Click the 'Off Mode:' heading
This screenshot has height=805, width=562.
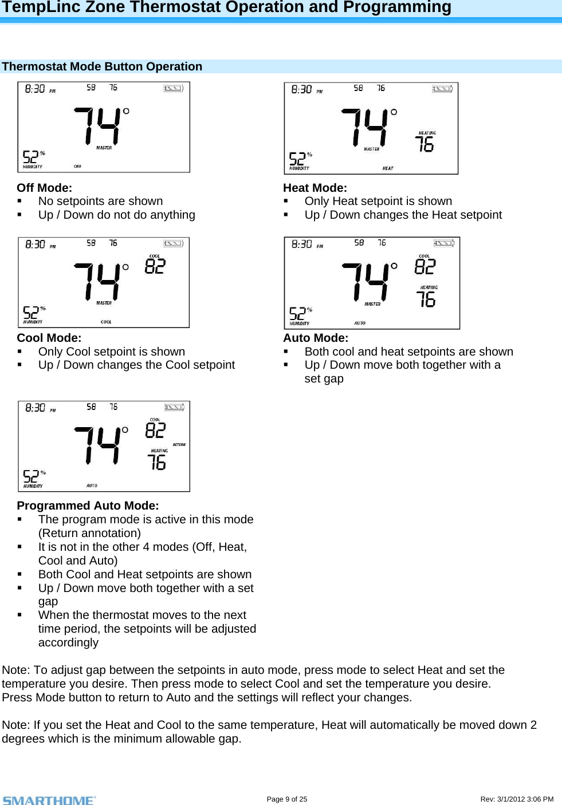click(45, 188)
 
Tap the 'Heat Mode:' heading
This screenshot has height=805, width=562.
click(315, 188)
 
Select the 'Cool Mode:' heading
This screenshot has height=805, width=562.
click(49, 338)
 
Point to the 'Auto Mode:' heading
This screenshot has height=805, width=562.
click(316, 338)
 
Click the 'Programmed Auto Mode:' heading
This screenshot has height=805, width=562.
click(88, 506)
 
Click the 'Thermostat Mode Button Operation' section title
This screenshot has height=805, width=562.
click(102, 66)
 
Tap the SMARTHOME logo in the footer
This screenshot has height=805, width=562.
click(49, 800)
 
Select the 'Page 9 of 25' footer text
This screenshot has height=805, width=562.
click(286, 799)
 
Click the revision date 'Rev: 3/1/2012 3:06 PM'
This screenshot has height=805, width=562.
click(517, 799)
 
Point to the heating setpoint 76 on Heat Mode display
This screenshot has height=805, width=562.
click(425, 144)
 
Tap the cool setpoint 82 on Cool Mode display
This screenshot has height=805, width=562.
click(155, 266)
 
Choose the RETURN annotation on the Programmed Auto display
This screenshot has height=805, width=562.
click(179, 444)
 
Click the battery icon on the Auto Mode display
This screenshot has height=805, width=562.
click(443, 243)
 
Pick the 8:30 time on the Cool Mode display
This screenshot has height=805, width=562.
click(36, 244)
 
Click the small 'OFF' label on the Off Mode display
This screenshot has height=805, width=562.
click(77, 166)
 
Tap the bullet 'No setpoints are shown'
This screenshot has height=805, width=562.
click(100, 201)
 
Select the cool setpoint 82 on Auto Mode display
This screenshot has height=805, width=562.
click(425, 266)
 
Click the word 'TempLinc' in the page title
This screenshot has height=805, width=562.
click(33, 7)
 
